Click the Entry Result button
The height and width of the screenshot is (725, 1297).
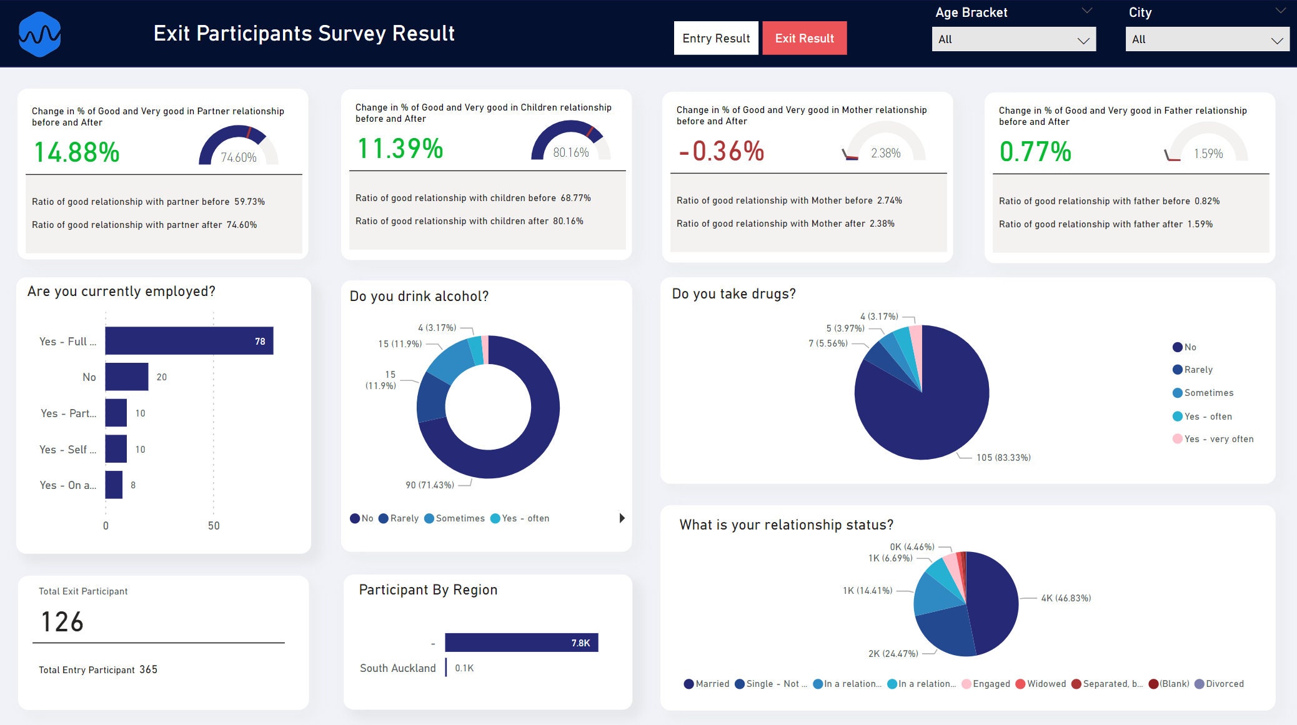[x=715, y=39]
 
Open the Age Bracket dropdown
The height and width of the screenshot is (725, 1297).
[x=1013, y=39]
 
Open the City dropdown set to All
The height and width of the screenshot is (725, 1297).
[x=1206, y=39]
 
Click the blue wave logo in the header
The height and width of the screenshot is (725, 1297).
[x=39, y=34]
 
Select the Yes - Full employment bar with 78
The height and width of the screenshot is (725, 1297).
[x=189, y=341]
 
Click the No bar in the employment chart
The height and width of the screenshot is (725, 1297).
[x=126, y=377]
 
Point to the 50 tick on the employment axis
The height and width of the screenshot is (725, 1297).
[x=214, y=526]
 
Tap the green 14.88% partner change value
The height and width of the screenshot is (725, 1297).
[x=76, y=152]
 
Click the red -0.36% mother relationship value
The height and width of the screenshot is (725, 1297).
[x=722, y=151]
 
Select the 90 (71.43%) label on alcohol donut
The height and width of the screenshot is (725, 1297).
[x=430, y=485]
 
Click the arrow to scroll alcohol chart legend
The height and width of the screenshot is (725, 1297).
[x=622, y=518]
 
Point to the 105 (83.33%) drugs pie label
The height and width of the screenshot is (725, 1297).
[x=1003, y=458]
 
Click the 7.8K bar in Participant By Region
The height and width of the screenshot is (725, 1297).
[x=521, y=643]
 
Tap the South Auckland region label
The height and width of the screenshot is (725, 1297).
[x=397, y=668]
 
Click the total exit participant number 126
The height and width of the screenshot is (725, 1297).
[x=62, y=622]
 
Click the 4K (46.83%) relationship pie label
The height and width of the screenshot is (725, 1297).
[x=1066, y=598]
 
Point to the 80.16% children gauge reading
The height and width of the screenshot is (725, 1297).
[x=570, y=152]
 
